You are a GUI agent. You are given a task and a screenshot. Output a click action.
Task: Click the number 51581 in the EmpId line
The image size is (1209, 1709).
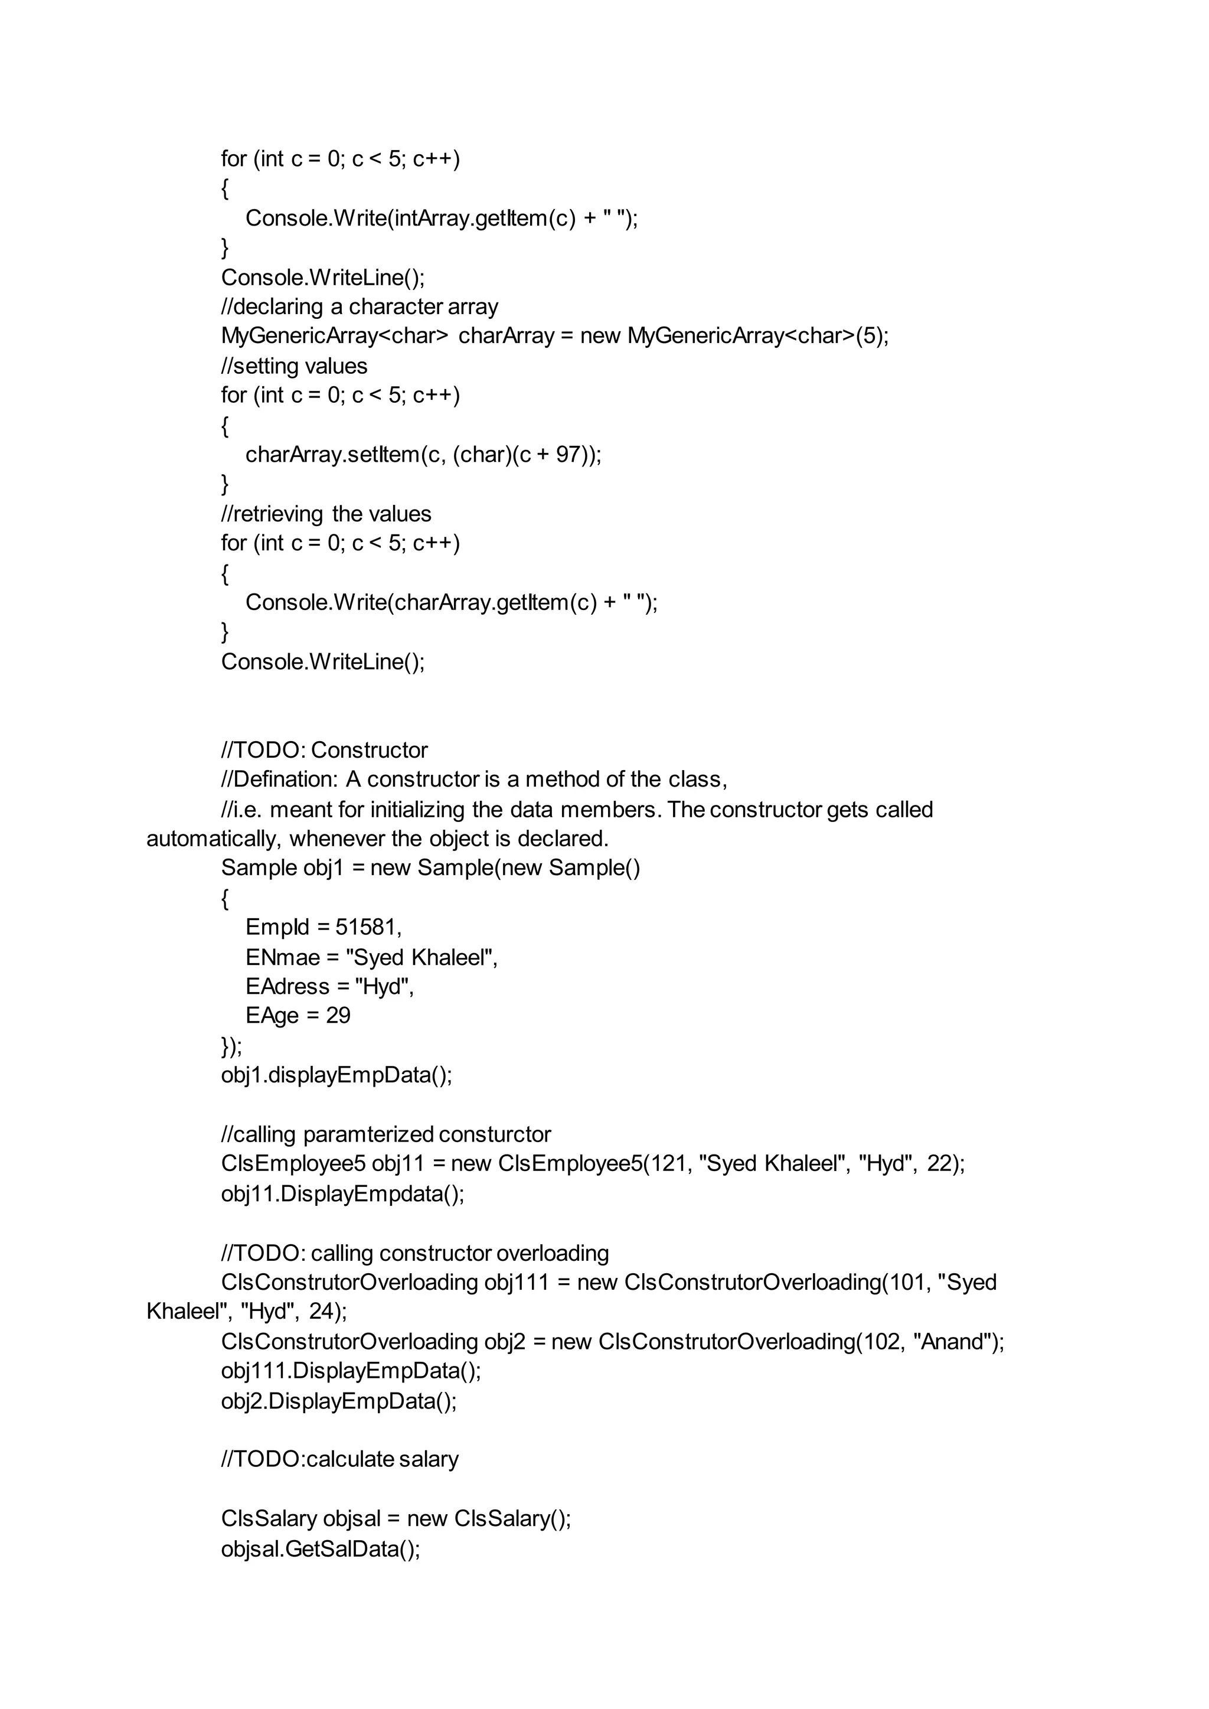[367, 927]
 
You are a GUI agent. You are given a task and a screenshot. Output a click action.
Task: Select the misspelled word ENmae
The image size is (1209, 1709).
[282, 957]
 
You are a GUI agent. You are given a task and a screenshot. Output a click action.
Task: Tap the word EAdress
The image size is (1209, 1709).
[287, 987]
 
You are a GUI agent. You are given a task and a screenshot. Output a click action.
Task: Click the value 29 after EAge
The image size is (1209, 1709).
[338, 1016]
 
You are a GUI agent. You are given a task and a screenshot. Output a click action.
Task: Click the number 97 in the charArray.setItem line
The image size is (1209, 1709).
[568, 454]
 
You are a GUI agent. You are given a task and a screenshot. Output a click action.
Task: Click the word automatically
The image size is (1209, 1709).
[214, 839]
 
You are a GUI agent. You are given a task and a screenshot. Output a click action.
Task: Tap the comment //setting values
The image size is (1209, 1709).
[294, 366]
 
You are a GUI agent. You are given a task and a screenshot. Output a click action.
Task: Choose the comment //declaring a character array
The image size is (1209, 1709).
[360, 307]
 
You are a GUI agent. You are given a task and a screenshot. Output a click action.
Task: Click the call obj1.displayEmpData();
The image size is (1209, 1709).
[336, 1075]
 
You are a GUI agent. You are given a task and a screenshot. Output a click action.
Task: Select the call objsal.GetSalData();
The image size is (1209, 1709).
[321, 1550]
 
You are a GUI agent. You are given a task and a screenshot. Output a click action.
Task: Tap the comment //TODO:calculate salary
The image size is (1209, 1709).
[339, 1460]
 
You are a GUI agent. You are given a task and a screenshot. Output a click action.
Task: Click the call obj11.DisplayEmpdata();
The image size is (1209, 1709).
[342, 1193]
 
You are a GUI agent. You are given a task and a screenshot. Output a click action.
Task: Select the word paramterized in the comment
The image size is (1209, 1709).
[368, 1135]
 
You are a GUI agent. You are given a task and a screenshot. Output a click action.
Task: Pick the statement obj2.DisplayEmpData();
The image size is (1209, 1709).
[339, 1401]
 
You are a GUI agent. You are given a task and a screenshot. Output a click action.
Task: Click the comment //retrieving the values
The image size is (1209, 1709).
[326, 514]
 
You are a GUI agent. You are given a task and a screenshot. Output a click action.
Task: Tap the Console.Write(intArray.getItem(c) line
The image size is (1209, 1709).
[442, 218]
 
